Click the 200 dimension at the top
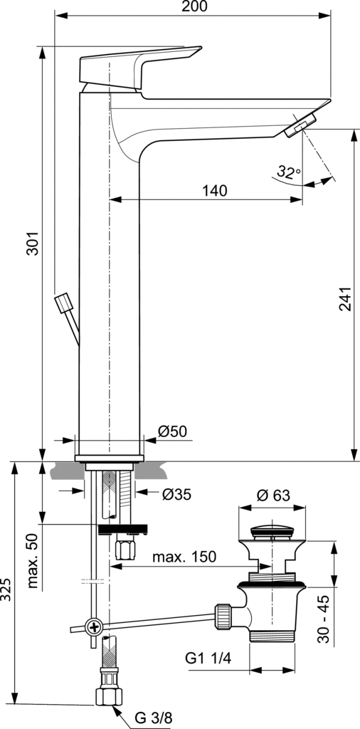(194, 6)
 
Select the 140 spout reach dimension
(215, 191)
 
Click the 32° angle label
(289, 172)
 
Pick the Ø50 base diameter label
(172, 431)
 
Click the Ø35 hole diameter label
(176, 494)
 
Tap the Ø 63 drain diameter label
(273, 495)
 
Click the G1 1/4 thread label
(208, 659)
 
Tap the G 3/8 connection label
(153, 718)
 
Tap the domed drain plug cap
(272, 530)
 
